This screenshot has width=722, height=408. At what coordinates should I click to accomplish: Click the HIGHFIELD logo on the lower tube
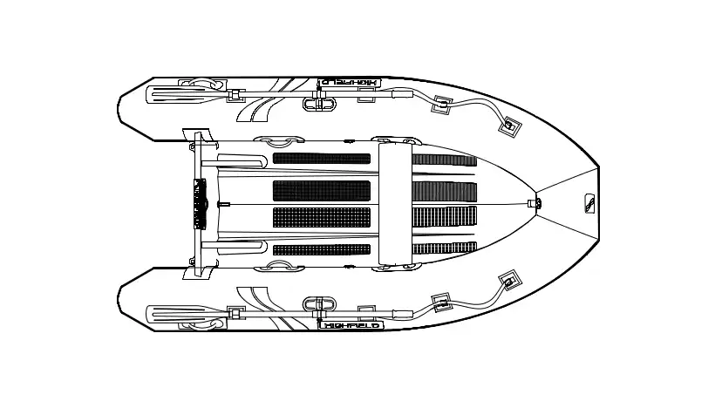[x=351, y=325]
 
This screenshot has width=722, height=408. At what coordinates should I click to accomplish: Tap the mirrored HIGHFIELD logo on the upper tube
[x=350, y=82]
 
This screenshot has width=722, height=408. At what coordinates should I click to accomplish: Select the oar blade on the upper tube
[x=176, y=94]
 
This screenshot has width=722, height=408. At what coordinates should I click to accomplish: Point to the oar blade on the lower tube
[x=176, y=315]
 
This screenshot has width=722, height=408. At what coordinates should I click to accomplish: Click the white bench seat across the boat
[x=395, y=203]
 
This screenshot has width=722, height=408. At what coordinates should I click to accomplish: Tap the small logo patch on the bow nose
[x=589, y=203]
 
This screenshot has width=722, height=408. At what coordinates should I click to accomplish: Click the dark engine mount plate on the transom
[x=200, y=203]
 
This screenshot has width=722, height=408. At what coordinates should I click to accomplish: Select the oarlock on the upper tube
[x=319, y=102]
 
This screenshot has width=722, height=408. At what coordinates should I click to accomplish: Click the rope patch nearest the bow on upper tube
[x=510, y=126]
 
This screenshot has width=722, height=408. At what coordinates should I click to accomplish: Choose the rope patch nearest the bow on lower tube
[x=510, y=281]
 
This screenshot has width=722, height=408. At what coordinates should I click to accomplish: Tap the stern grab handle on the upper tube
[x=203, y=83]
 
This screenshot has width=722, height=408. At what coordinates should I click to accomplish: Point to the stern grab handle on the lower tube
[x=203, y=324]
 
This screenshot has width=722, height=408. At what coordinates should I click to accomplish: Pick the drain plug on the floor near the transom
[x=224, y=203]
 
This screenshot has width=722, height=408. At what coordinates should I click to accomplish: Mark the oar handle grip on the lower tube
[x=403, y=314]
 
